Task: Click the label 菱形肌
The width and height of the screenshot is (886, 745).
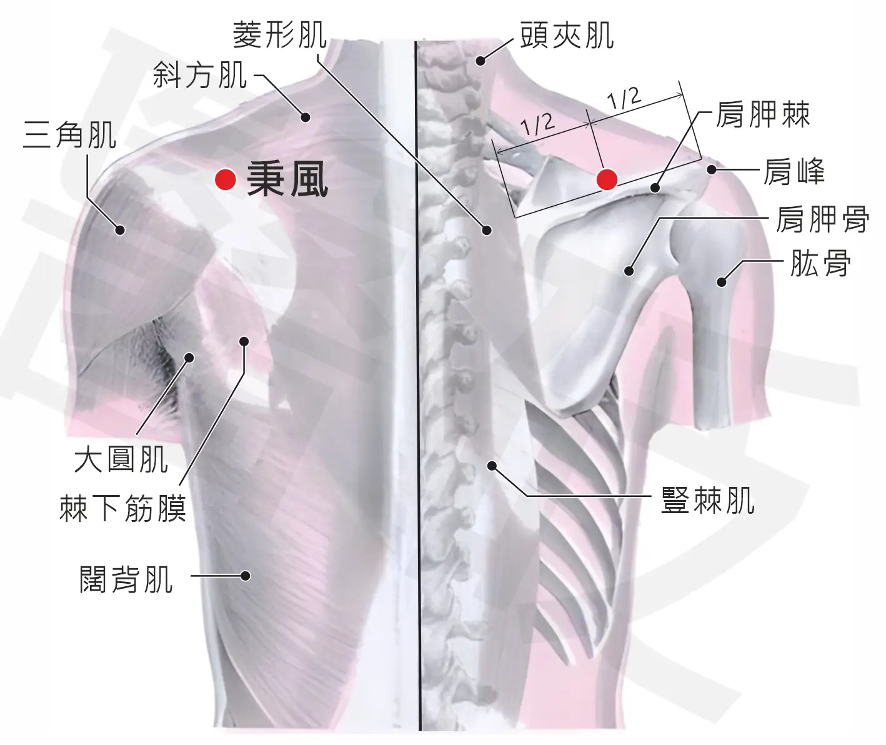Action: click(280, 35)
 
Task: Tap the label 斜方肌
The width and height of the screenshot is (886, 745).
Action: click(200, 75)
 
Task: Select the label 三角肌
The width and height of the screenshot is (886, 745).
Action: click(69, 135)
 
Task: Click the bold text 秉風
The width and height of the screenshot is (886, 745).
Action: click(287, 179)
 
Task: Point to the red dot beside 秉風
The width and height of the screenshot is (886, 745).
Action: click(226, 179)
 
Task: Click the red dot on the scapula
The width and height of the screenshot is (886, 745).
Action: click(607, 179)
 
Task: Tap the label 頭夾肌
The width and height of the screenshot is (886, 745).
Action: click(567, 36)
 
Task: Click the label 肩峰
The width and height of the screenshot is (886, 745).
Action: click(794, 171)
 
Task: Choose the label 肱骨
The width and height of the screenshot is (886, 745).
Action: click(820, 263)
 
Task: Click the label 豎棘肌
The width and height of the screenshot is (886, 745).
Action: click(708, 500)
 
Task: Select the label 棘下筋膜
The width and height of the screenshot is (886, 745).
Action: click(123, 507)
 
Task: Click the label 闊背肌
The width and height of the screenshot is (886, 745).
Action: click(126, 579)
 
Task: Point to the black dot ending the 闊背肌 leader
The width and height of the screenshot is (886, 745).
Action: click(246, 576)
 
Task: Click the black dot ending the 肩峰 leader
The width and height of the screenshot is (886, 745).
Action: click(712, 170)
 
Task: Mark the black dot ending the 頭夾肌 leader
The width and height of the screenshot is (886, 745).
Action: click(480, 61)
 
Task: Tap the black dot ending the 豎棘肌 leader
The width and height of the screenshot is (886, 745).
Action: click(492, 466)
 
